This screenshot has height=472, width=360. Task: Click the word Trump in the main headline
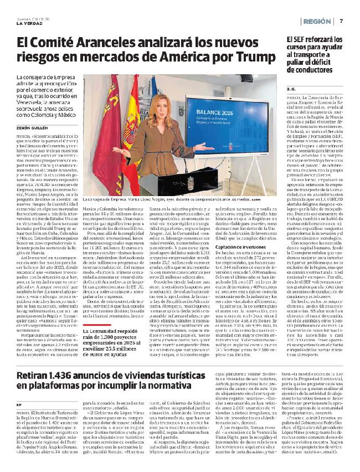pyautogui.click(x=248, y=57)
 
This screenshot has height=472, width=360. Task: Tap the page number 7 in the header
pyautogui.click(x=342, y=21)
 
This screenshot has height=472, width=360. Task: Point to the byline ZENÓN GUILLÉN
pyautogui.click(x=33, y=126)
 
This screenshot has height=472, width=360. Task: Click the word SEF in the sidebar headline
pyautogui.click(x=300, y=40)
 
